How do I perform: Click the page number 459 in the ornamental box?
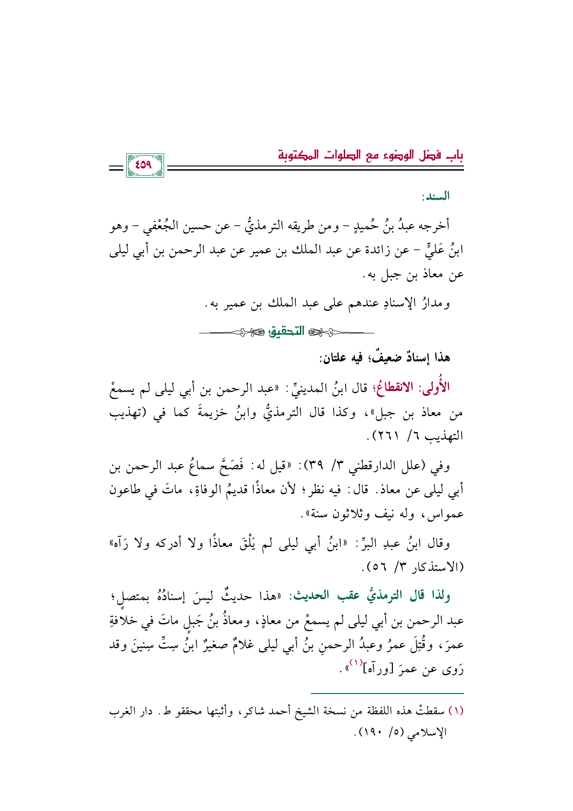(x=144, y=165)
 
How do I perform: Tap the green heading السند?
(x=435, y=197)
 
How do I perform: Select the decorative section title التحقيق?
(x=286, y=331)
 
